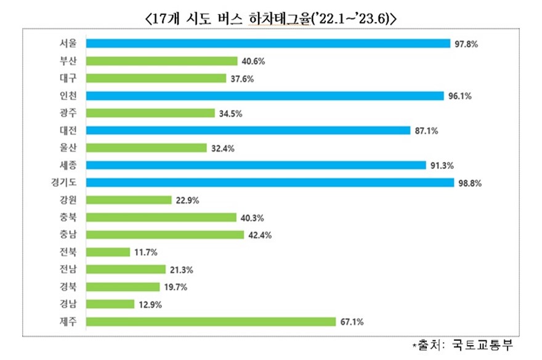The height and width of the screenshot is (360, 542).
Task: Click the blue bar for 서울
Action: click(x=268, y=43)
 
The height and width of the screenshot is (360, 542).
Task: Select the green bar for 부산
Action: click(x=162, y=60)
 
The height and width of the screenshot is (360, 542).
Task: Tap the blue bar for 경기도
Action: click(x=270, y=182)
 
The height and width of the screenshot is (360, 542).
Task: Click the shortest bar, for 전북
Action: click(x=108, y=252)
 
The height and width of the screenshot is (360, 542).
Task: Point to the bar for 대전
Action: click(x=248, y=130)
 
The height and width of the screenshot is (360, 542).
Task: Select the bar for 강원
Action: click(x=129, y=200)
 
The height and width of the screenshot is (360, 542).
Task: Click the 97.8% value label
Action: click(x=466, y=44)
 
